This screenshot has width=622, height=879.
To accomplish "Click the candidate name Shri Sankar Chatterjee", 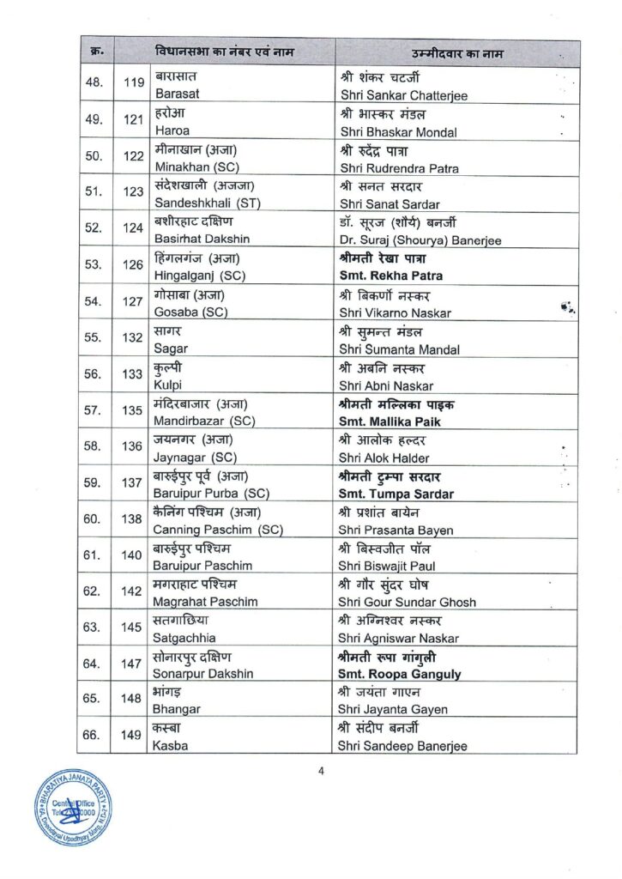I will [404, 95].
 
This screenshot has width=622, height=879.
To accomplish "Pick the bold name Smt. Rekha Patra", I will [392, 276].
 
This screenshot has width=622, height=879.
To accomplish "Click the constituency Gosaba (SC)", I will [190, 312].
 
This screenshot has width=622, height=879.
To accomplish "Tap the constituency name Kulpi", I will [168, 385].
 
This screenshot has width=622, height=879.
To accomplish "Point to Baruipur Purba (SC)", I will [210, 494].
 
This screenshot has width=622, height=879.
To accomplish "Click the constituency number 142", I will [132, 591].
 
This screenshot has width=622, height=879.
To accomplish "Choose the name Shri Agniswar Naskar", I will [400, 638].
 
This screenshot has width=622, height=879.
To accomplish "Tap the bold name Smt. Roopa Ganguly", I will [401, 674].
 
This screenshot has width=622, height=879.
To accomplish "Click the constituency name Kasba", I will [171, 746].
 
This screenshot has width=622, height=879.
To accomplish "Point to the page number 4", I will [321, 770].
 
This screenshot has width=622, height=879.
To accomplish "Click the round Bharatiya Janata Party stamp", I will [73, 807].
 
